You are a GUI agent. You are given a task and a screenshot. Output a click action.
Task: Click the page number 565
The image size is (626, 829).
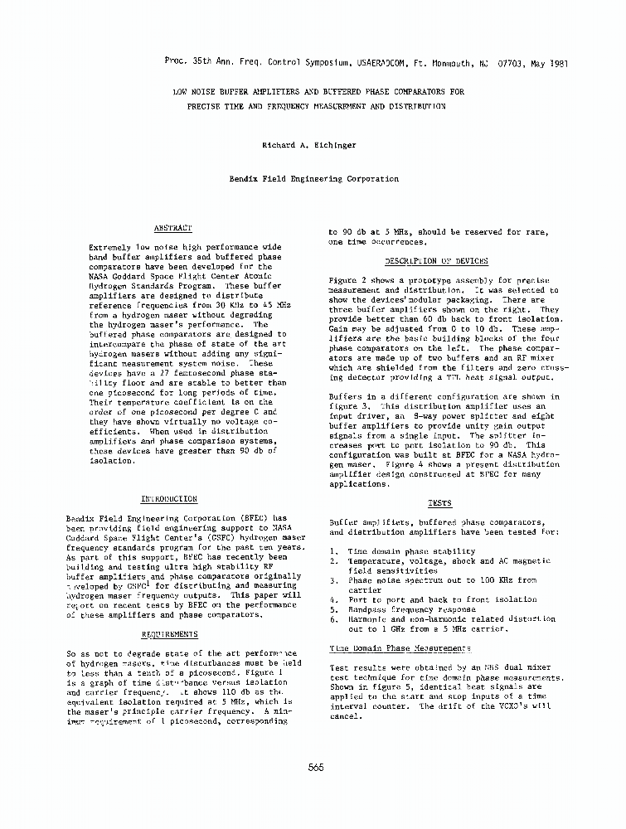[x=314, y=768]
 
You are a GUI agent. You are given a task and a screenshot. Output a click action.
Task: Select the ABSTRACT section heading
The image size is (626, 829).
[x=173, y=227]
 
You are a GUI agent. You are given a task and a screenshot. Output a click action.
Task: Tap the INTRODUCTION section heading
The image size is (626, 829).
[x=168, y=499]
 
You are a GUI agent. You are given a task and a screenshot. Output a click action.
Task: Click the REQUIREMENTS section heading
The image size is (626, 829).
[x=169, y=633]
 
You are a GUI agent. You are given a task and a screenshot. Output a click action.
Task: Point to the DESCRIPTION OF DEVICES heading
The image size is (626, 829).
[x=448, y=261]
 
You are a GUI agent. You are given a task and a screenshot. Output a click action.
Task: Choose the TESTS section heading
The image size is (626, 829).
[x=439, y=503]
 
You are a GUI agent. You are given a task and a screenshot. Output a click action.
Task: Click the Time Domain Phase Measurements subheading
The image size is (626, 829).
[x=400, y=648]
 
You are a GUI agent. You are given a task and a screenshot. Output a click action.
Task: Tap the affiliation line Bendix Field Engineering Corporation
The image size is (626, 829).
[x=313, y=178]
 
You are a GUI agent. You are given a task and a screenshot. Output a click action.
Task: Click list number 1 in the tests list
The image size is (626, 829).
[x=332, y=550]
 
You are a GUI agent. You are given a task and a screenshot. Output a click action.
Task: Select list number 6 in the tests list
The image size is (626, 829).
[x=332, y=619]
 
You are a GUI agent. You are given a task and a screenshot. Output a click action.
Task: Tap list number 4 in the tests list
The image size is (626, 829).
[x=332, y=599]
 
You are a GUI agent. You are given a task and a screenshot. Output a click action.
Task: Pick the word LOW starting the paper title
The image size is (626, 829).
[x=180, y=92]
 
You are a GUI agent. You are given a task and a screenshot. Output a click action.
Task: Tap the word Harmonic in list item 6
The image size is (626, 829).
[x=366, y=619]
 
